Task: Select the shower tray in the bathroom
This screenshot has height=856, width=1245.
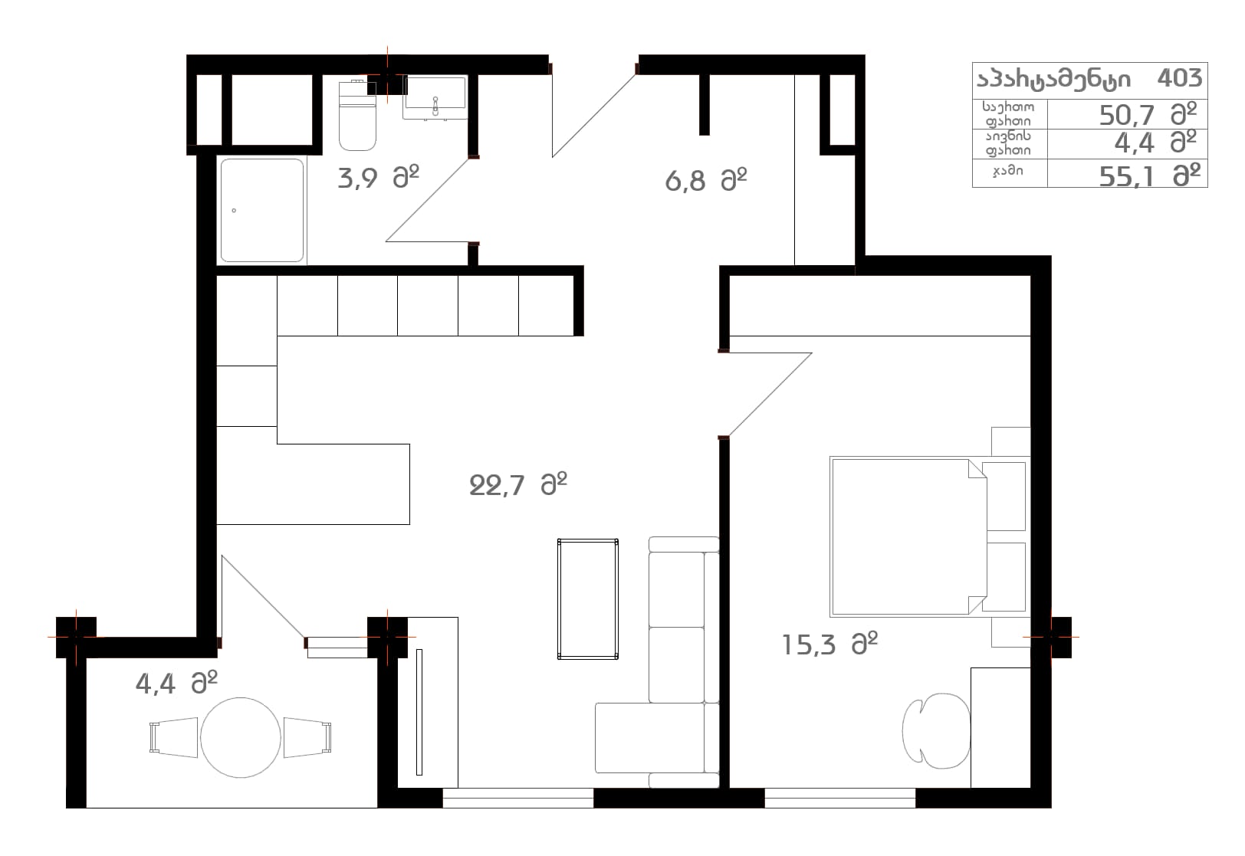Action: tap(262, 211)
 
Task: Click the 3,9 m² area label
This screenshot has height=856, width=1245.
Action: tap(378, 178)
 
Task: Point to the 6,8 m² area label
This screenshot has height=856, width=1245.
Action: tap(706, 181)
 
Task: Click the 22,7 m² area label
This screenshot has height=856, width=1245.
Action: tap(518, 485)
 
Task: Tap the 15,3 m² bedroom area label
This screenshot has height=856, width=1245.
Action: tap(829, 644)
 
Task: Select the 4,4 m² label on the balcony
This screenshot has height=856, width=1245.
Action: tap(176, 684)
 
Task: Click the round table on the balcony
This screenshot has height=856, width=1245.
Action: tap(241, 738)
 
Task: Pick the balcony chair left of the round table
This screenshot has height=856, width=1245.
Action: tap(173, 738)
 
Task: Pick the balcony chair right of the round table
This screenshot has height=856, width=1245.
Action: tap(307, 738)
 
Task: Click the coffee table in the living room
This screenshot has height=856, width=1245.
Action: tap(588, 599)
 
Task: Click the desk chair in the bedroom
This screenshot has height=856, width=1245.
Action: tap(936, 731)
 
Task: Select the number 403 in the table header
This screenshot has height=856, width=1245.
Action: tap(1179, 78)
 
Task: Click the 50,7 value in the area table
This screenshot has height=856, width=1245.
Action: tap(1127, 116)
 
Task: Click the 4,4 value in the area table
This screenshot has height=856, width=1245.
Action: tap(1135, 143)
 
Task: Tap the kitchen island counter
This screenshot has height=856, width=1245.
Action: tap(313, 484)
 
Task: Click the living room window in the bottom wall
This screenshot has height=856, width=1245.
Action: tap(518, 798)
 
